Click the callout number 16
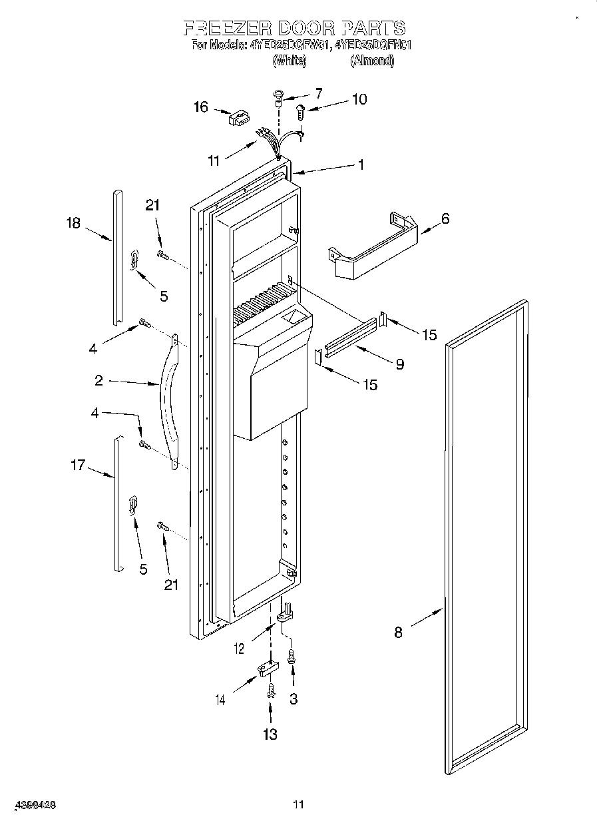[x=201, y=107]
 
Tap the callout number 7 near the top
[x=318, y=93]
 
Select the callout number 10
[x=358, y=99]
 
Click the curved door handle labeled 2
[x=168, y=400]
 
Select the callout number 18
[x=73, y=223]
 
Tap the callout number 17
[x=78, y=465]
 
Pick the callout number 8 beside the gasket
[x=398, y=633]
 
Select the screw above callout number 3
[x=291, y=657]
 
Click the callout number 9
[x=399, y=364]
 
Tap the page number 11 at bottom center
[x=298, y=804]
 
